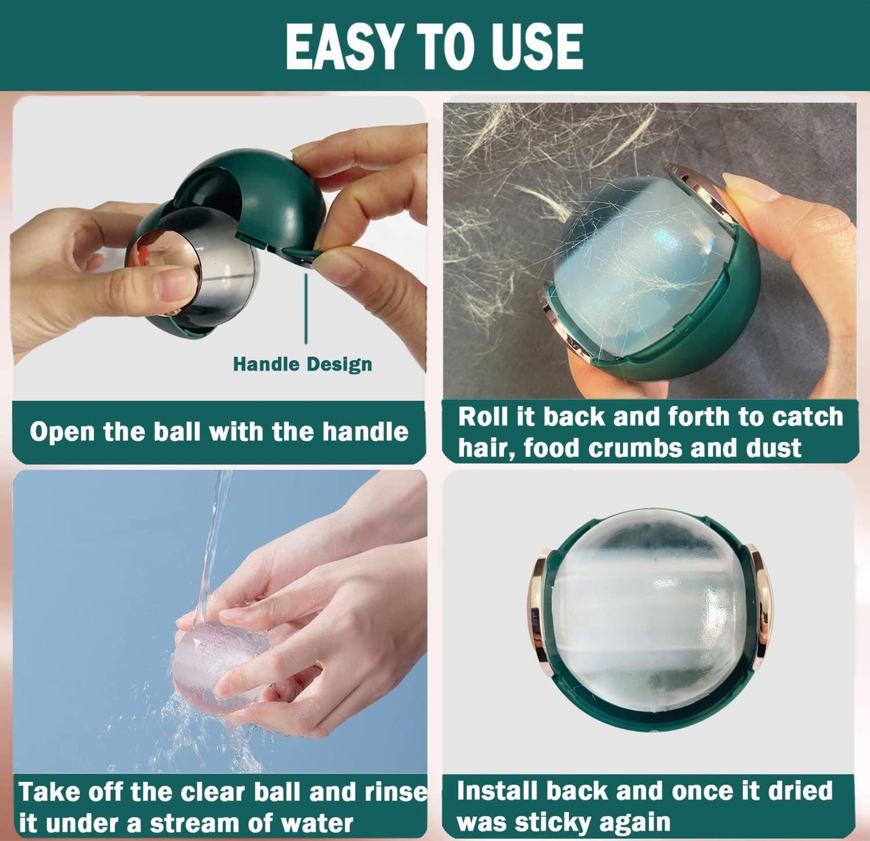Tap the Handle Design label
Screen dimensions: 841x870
(302, 364)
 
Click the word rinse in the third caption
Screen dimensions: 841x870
(396, 792)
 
